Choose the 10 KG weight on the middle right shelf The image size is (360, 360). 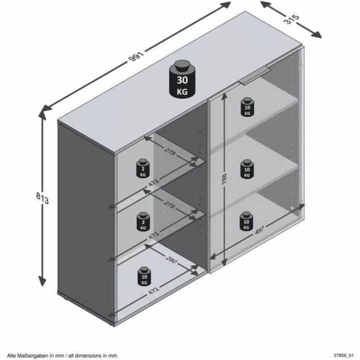click(x=246, y=169)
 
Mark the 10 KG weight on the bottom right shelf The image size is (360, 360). click(x=245, y=221)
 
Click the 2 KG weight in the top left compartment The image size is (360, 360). click(x=143, y=168)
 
